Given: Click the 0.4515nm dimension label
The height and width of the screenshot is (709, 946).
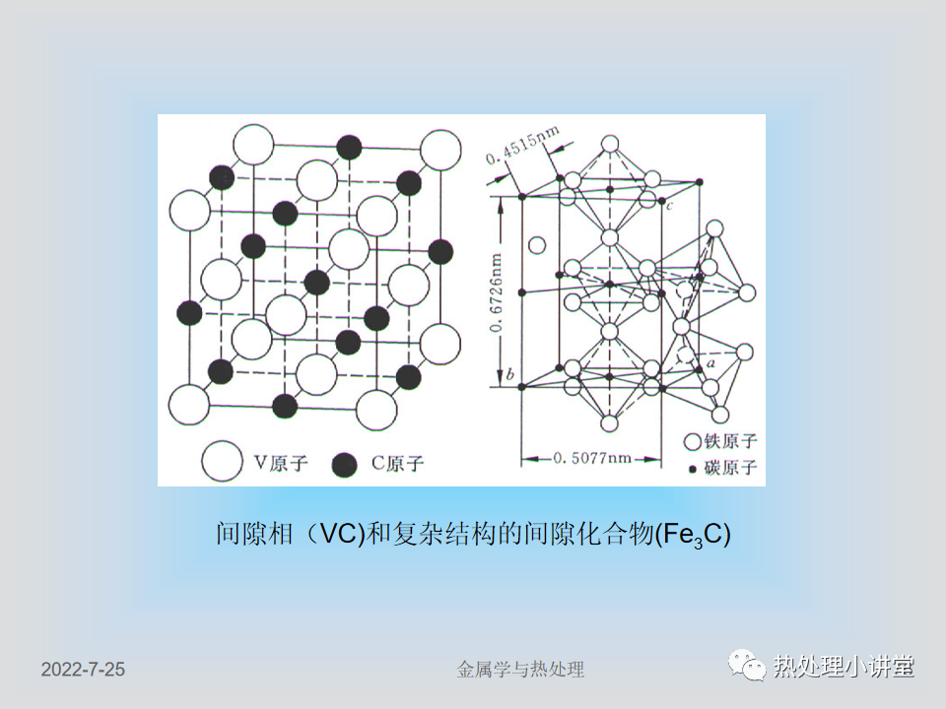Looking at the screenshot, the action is point(522,146).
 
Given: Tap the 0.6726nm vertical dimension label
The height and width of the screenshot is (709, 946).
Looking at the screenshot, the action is point(496,292).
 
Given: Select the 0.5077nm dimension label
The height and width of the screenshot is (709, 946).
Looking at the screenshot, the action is point(592,458).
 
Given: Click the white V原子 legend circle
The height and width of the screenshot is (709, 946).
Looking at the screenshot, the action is point(222,461).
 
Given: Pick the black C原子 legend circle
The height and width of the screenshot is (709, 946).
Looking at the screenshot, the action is point(345,464).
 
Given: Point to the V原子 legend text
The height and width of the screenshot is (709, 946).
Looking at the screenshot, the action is point(281,463).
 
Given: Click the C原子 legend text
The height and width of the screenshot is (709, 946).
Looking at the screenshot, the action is point(397,463).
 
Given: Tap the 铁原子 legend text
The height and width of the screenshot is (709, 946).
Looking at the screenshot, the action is point(730,441).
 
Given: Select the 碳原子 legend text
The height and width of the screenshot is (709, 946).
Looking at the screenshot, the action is point(730,467).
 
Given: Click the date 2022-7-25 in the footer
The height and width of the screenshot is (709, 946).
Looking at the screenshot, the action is point(83,670).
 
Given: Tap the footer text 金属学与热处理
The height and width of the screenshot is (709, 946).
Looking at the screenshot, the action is point(520,670).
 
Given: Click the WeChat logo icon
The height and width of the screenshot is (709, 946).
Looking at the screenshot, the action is point(747,666).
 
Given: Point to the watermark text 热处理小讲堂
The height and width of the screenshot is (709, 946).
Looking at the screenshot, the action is point(844,667).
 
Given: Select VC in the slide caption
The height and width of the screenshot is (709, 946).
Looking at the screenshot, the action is point(339,534).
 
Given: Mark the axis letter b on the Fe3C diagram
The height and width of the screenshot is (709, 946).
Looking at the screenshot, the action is point(510,374).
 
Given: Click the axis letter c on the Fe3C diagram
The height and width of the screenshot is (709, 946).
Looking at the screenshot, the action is point(670,206).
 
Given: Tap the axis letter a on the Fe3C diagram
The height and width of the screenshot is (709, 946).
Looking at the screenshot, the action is point(710,363).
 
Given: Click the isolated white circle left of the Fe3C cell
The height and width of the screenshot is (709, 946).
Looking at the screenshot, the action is point(537,245).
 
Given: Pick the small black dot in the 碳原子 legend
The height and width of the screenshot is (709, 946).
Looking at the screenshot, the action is point(693,469).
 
